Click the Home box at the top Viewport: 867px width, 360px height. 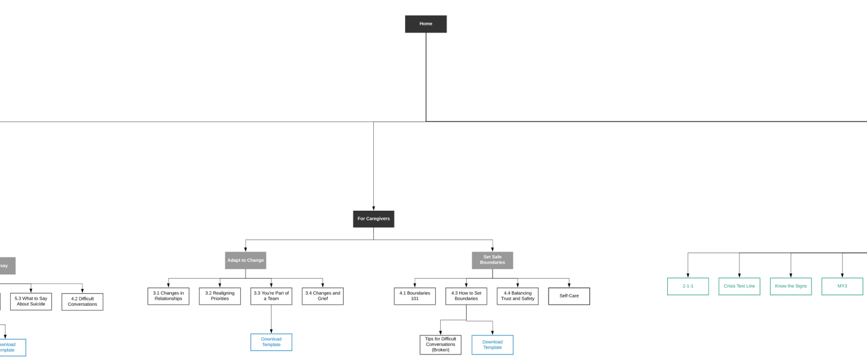426,24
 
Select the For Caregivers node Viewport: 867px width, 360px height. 373,219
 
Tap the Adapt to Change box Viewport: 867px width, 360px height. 246,260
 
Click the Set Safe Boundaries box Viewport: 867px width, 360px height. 493,260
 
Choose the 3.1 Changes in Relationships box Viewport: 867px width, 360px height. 169,296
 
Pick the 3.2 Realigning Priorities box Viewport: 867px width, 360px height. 220,296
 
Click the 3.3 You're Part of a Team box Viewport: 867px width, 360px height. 271,296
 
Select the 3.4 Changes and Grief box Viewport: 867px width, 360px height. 323,296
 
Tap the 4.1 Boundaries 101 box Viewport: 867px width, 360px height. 415,296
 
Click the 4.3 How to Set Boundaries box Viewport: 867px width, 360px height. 466,296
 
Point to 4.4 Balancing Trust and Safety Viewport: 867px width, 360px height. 518,296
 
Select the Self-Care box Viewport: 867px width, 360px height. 569,296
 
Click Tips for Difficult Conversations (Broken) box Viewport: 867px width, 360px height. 441,344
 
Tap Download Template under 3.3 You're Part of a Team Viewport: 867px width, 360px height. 271,342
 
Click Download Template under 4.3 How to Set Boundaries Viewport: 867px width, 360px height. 493,344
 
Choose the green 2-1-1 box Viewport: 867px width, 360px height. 688,286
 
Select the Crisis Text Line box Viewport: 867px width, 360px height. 739,286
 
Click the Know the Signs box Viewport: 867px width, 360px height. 791,286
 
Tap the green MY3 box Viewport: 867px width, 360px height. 842,286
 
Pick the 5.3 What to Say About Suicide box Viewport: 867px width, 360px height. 31,301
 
